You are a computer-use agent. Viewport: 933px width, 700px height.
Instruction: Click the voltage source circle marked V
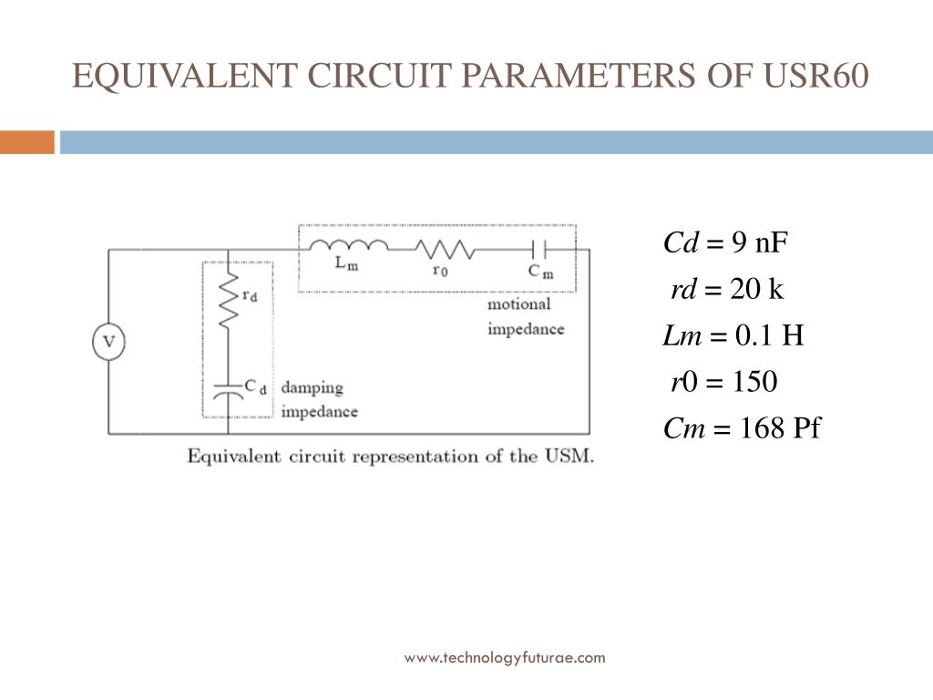pos(108,343)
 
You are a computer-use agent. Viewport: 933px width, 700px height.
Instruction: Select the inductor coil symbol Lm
pos(348,246)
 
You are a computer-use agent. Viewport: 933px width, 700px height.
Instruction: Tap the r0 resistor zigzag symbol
pos(444,249)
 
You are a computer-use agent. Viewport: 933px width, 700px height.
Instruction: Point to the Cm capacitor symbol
pos(538,249)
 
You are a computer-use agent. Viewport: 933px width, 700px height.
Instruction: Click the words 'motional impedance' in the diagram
pos(526,316)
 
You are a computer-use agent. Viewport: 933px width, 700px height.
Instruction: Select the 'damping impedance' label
pos(319,399)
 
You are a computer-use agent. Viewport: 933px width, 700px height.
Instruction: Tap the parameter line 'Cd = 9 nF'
pos(725,243)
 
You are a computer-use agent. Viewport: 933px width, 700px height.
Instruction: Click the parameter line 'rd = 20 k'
pos(727,290)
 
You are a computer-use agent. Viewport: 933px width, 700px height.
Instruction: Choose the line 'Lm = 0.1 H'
pos(733,336)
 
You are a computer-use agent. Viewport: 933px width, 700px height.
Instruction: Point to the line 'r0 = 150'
pos(724,382)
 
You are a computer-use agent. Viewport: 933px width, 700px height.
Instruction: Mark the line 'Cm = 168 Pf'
pos(742,428)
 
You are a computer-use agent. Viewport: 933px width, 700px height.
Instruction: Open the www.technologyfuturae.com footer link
pos(505,657)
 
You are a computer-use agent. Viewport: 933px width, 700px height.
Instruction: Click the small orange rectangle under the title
pos(26,142)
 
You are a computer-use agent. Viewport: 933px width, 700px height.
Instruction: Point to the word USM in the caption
pos(572,456)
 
